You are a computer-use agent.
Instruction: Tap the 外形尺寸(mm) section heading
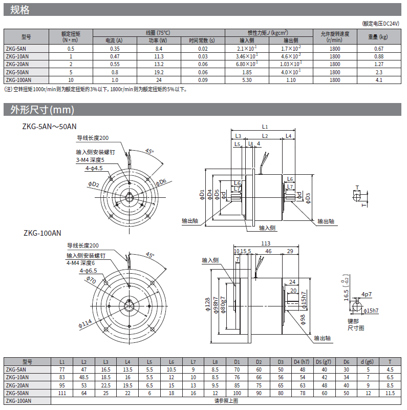39,110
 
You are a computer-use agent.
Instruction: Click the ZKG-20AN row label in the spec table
18,64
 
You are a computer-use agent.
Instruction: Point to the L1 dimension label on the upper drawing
265,127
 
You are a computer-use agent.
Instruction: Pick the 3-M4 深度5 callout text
92,160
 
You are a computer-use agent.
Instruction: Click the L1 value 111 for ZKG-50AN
62,393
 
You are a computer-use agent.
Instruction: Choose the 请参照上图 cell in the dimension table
226,401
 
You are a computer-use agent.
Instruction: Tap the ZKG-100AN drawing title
42,233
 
